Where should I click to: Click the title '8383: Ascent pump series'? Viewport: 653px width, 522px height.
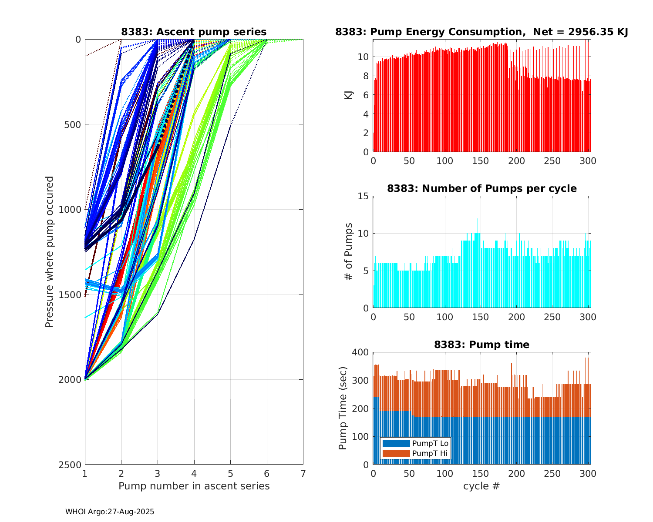[194, 32]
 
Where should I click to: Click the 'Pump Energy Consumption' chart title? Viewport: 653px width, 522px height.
[481, 32]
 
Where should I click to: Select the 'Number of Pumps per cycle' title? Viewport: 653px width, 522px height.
[481, 188]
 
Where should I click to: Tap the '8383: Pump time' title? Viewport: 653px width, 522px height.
[481, 345]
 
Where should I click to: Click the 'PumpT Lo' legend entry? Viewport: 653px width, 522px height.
[430, 443]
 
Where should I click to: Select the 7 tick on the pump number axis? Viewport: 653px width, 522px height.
[303, 473]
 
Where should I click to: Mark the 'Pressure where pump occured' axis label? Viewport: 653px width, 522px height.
[49, 252]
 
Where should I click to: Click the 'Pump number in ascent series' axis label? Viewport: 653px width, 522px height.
[194, 486]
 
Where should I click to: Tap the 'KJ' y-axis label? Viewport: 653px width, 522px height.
[348, 95]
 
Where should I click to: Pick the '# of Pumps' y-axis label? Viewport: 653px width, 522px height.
[348, 251]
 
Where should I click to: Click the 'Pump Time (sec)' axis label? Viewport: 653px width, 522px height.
[343, 408]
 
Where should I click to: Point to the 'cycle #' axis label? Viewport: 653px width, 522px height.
[481, 486]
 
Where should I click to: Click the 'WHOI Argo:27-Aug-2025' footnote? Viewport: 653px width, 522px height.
[110, 512]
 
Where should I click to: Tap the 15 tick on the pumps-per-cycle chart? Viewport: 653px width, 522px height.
[364, 196]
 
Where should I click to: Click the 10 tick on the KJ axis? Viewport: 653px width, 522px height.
[364, 57]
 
